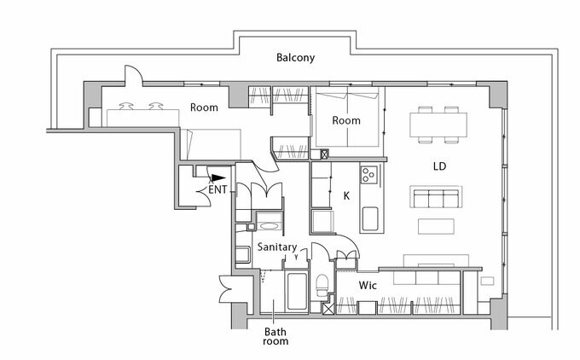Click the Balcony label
(296, 58)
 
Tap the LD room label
(440, 165)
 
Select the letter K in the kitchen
(346, 195)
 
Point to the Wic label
(368, 284)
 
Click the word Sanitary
(276, 247)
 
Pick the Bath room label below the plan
(275, 335)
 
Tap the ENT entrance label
(217, 189)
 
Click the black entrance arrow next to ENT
(205, 179)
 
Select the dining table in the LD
(439, 125)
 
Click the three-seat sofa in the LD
(436, 198)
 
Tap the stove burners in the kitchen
(369, 176)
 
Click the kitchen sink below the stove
(370, 218)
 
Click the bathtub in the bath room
(296, 292)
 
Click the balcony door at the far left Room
(131, 79)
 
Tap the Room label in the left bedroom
(204, 107)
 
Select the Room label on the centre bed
(346, 120)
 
